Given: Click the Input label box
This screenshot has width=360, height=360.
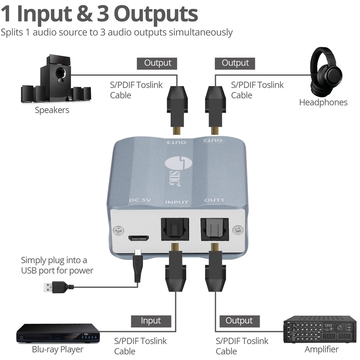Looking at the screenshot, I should pyautogui.click(x=151, y=321).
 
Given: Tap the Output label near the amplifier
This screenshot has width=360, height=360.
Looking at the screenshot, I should pyautogui.click(x=239, y=321).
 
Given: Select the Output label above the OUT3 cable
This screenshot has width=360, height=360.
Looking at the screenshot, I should pyautogui.click(x=158, y=63).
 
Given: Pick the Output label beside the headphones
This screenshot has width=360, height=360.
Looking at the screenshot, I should pyautogui.click(x=235, y=63).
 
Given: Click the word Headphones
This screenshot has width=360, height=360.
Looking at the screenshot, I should pyautogui.click(x=323, y=102).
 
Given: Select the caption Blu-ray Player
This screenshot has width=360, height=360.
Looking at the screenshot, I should pyautogui.click(x=58, y=349).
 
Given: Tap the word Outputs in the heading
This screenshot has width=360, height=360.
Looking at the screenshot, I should pyautogui.click(x=156, y=14).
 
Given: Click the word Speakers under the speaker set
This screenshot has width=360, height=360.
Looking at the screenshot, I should pyautogui.click(x=52, y=110).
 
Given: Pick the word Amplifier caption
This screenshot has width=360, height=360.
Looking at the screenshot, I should pyautogui.click(x=322, y=349).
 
